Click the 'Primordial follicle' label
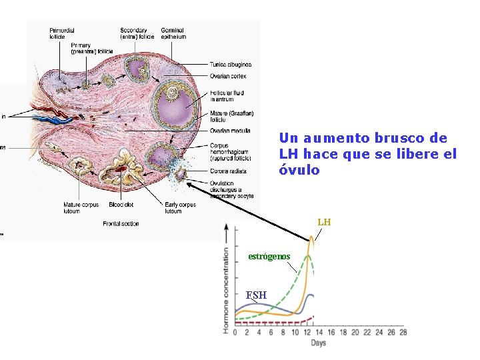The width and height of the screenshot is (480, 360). pyautogui.click(x=61, y=33)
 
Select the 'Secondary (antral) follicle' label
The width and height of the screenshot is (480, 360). pyautogui.click(x=134, y=33)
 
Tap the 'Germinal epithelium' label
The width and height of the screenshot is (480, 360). pyautogui.click(x=173, y=33)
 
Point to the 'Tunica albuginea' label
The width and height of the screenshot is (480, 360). pyautogui.click(x=231, y=65)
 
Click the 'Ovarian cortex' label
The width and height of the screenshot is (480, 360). pyautogui.click(x=229, y=76)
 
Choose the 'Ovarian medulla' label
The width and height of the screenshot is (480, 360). pyautogui.click(x=231, y=129)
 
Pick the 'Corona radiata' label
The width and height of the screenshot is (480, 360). pyautogui.click(x=228, y=171)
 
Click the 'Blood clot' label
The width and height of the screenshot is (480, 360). pyautogui.click(x=120, y=205)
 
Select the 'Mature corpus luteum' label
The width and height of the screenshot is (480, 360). pyautogui.click(x=81, y=208)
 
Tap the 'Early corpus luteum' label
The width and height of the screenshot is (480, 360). pyautogui.click(x=180, y=208)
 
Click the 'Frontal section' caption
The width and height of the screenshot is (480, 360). pyautogui.click(x=121, y=224)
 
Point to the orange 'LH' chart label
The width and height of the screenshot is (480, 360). pyautogui.click(x=324, y=222)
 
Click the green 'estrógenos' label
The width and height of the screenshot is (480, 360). pyautogui.click(x=269, y=256)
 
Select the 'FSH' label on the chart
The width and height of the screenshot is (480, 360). pyautogui.click(x=256, y=295)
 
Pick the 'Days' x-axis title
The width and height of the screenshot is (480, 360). pyautogui.click(x=318, y=343)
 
